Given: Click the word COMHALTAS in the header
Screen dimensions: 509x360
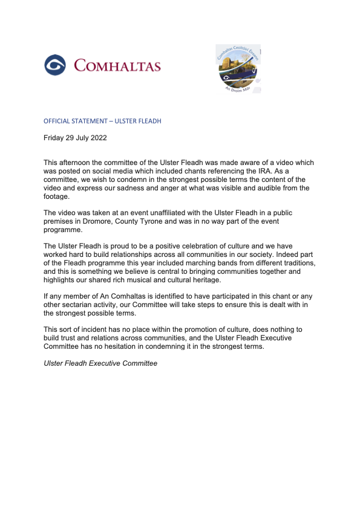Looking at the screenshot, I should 117,65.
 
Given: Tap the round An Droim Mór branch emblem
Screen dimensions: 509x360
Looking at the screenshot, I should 238,70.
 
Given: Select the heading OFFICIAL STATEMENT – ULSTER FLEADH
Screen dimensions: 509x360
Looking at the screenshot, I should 102,121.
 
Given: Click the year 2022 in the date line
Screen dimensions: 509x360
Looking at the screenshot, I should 97,138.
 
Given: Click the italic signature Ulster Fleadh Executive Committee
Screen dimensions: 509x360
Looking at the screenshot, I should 100,363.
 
